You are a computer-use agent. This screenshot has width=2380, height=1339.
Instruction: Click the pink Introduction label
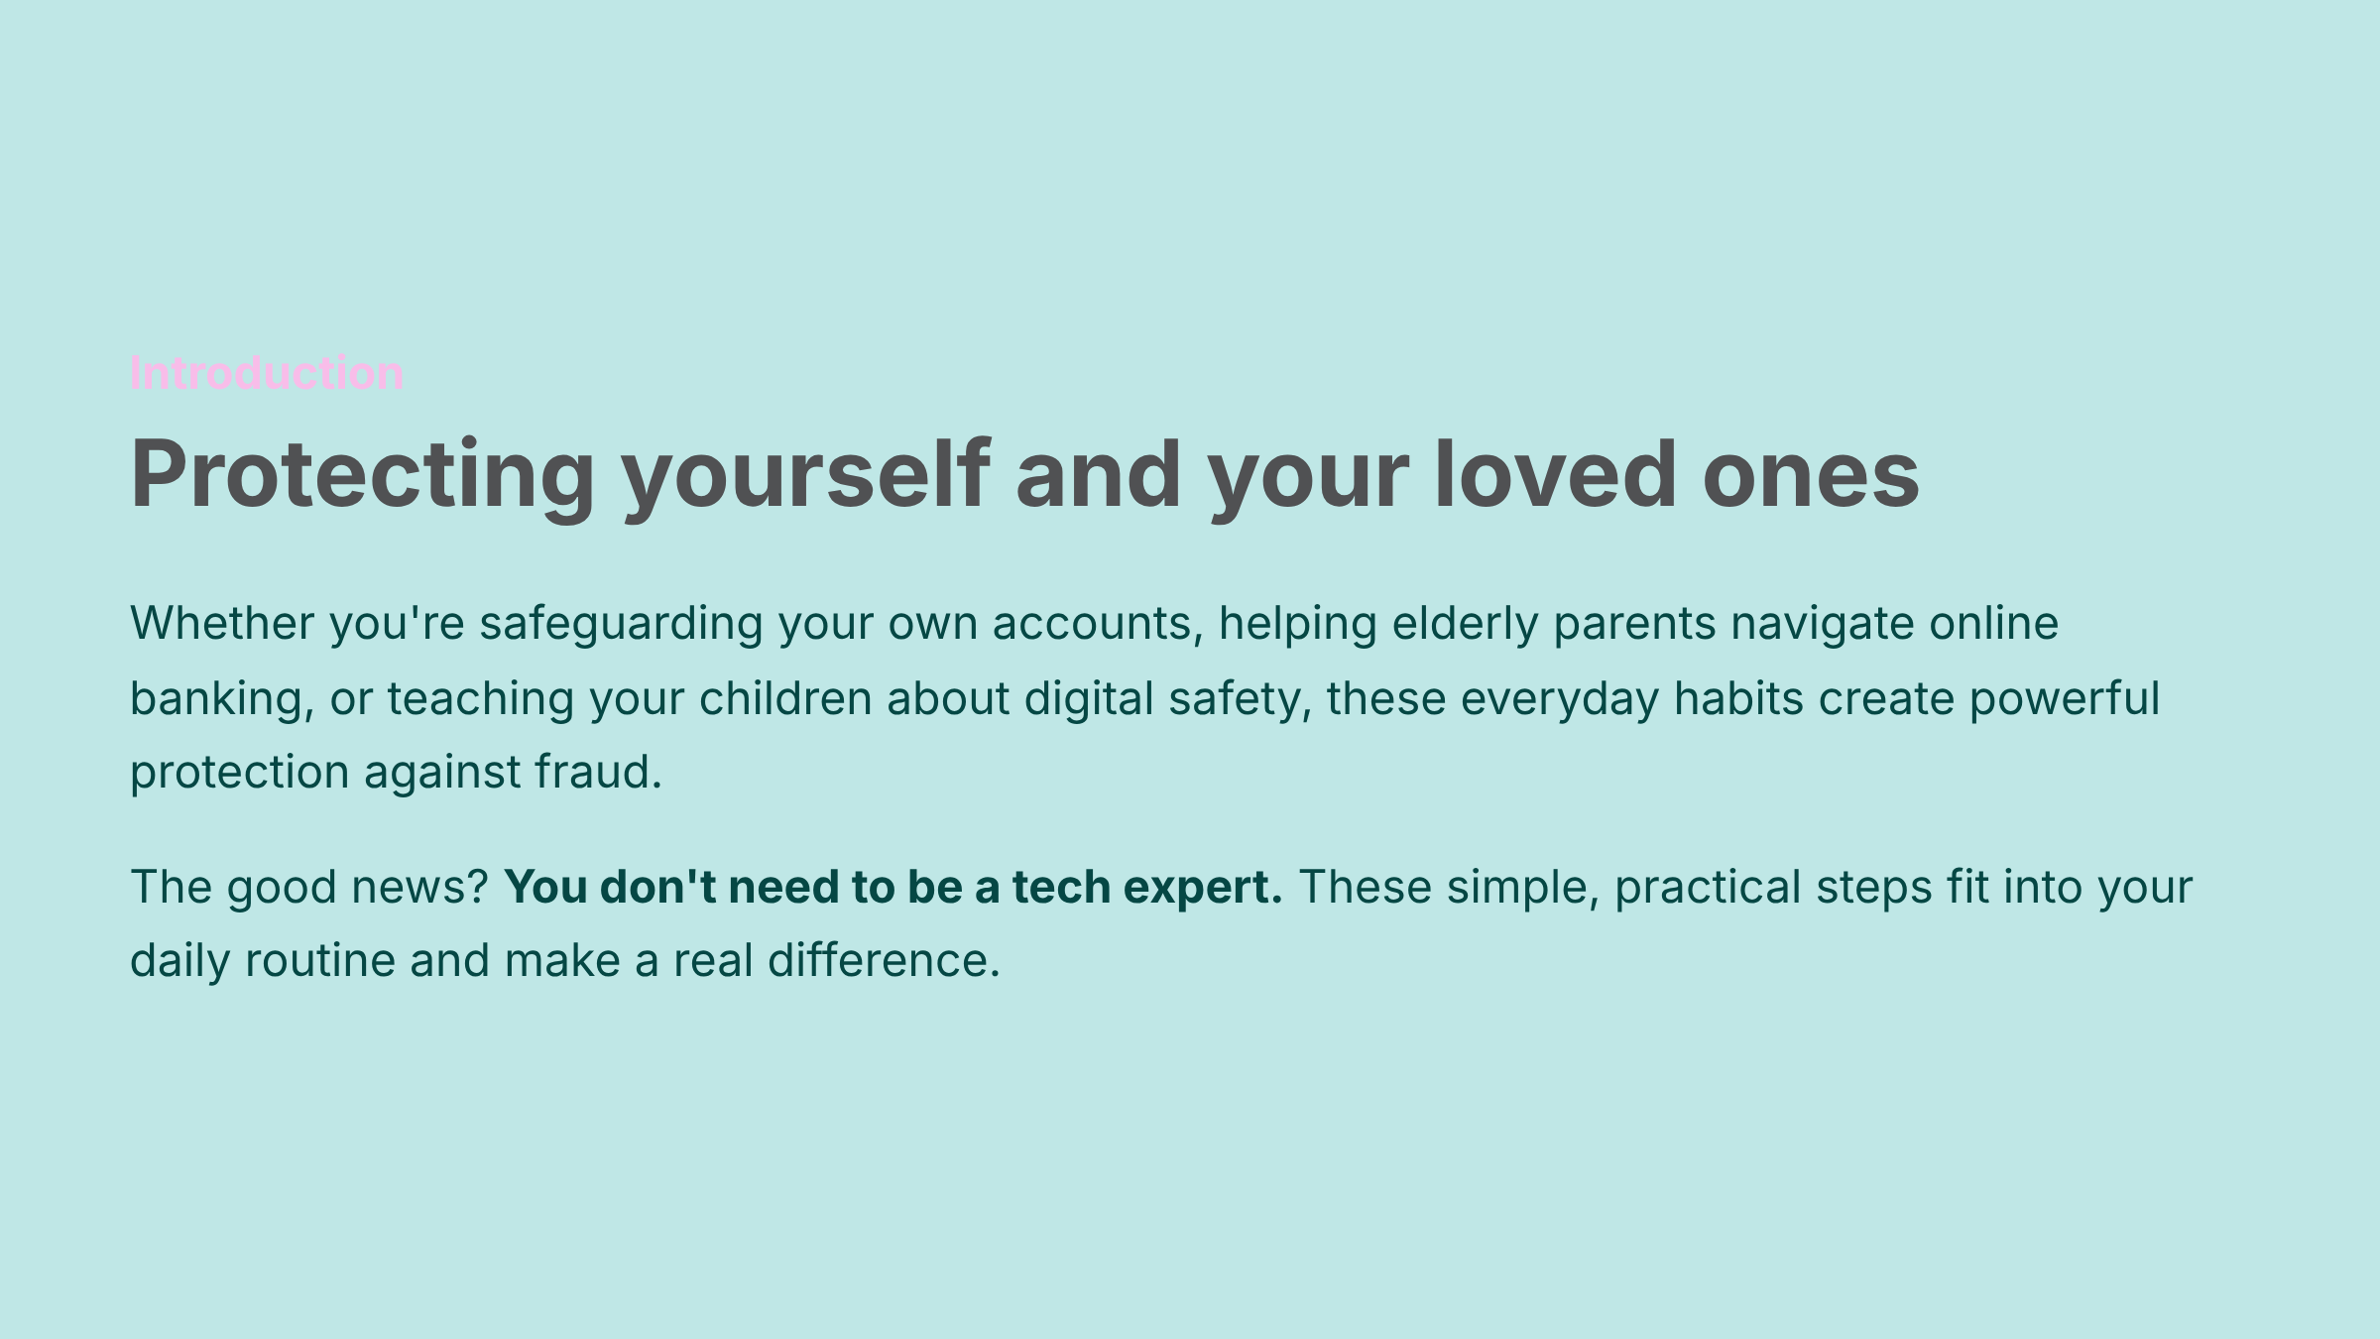tap(267, 373)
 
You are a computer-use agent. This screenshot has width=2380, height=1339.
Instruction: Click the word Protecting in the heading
tap(363, 477)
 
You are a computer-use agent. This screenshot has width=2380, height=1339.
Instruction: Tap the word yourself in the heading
tap(805, 477)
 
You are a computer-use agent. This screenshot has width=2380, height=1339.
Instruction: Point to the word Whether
tap(222, 623)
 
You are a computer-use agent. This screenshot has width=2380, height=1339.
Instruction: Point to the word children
tap(785, 698)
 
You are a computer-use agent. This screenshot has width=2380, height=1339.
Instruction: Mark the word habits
tap(1738, 698)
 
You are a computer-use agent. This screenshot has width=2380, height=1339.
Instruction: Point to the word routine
tap(320, 960)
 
